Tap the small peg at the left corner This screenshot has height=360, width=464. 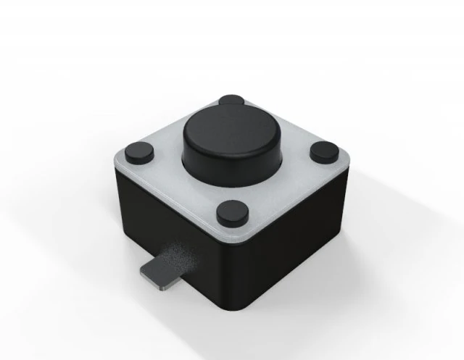click(138, 151)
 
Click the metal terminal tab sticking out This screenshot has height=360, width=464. click(164, 272)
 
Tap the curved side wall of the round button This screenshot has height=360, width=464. click(232, 164)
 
